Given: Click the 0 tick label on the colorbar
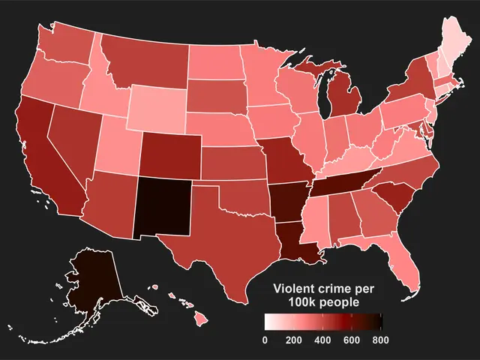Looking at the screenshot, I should tap(265, 340).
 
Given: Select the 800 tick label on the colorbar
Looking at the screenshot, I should tap(381, 340).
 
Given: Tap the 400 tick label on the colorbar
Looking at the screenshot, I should tap(322, 340).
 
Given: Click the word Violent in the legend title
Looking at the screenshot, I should tap(295, 289).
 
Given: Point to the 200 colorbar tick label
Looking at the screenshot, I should tap(293, 340).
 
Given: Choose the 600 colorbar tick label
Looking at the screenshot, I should tap(352, 340).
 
